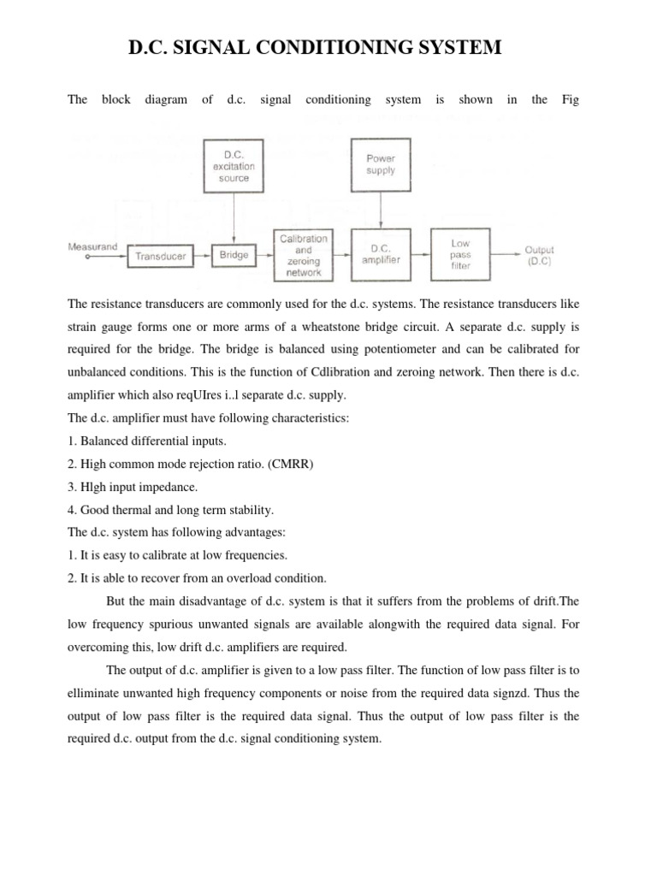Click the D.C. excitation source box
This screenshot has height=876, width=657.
click(x=234, y=166)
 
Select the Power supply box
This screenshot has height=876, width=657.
click(x=381, y=164)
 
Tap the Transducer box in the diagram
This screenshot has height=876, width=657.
click(x=161, y=255)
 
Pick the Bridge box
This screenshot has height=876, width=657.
click(x=234, y=254)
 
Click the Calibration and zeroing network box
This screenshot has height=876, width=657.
click(x=301, y=254)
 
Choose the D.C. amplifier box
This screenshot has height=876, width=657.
click(x=381, y=254)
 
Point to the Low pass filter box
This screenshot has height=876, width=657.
click(x=461, y=254)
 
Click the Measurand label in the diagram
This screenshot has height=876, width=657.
click(x=92, y=246)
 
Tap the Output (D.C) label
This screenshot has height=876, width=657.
click(x=540, y=255)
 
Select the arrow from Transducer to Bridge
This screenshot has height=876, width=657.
click(x=203, y=255)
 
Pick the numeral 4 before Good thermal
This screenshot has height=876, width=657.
click(x=70, y=509)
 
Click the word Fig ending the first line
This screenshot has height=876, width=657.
click(x=571, y=99)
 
